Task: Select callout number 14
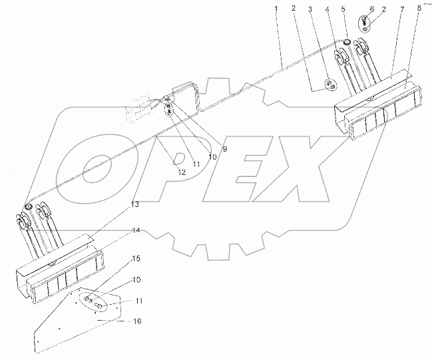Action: (x=135, y=230)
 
